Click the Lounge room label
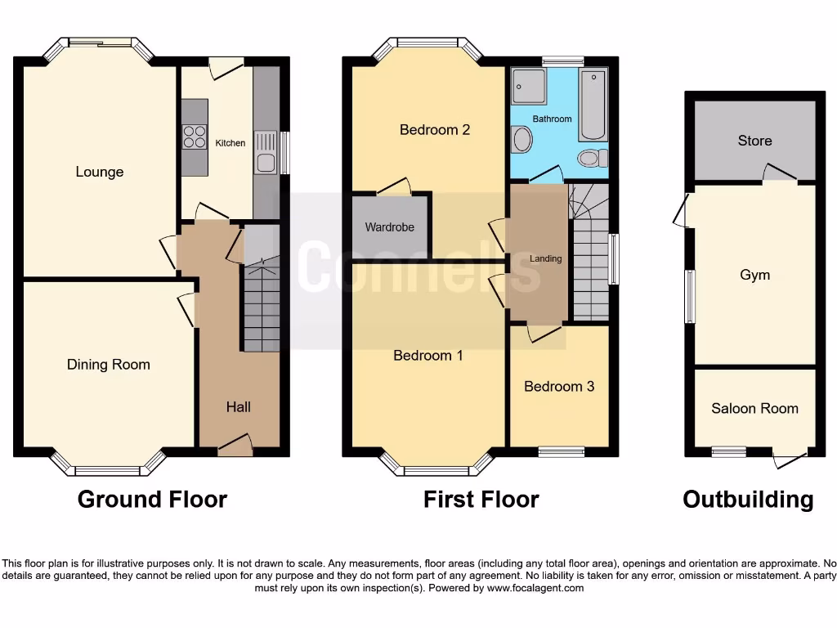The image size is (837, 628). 100,172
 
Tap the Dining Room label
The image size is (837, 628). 109,365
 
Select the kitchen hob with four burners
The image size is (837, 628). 195,137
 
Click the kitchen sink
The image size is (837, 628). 266,162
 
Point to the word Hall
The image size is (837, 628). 239,406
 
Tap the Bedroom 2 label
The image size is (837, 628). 435,129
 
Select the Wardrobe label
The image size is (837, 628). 390,227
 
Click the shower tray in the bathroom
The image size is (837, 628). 527,85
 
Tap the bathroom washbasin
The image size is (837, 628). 521,140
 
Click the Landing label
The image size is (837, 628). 546,258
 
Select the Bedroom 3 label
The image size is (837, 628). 559,386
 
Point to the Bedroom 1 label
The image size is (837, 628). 428,355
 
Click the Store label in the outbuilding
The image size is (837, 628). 754,141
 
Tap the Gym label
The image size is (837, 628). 754,275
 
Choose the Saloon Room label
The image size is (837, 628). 754,408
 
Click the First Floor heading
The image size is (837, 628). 481,499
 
